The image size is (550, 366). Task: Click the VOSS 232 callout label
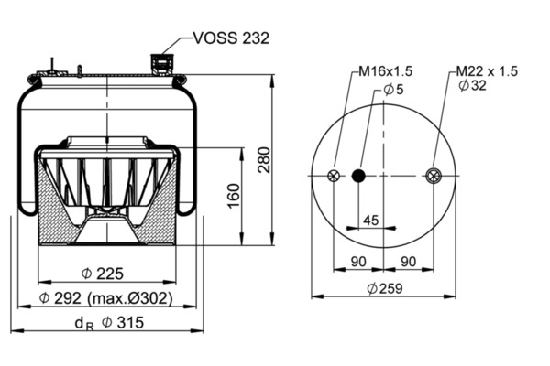click(x=231, y=38)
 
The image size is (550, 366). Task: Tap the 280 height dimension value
click(x=263, y=161)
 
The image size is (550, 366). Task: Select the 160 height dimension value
click(x=233, y=195)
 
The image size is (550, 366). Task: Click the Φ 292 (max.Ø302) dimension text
click(x=106, y=298)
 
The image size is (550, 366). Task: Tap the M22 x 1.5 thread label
click(x=487, y=70)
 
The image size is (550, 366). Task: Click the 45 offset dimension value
click(x=371, y=220)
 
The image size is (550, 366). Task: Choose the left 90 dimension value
click(x=358, y=263)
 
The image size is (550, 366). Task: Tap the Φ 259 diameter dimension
click(x=384, y=288)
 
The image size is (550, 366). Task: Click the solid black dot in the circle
click(x=358, y=177)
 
